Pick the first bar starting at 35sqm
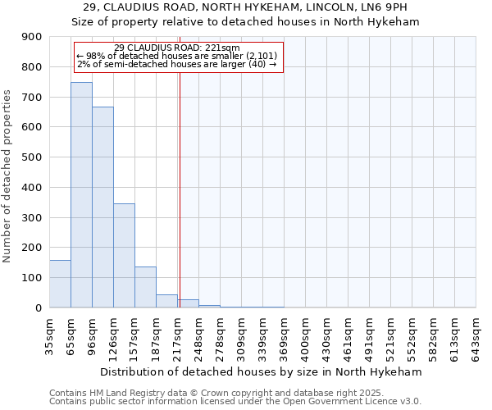point(60,284)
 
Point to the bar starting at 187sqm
point(166,301)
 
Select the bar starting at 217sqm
point(188,303)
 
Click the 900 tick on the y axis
point(32,37)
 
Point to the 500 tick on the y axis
point(32,157)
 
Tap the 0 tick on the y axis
point(39,307)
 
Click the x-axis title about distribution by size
point(262,371)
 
